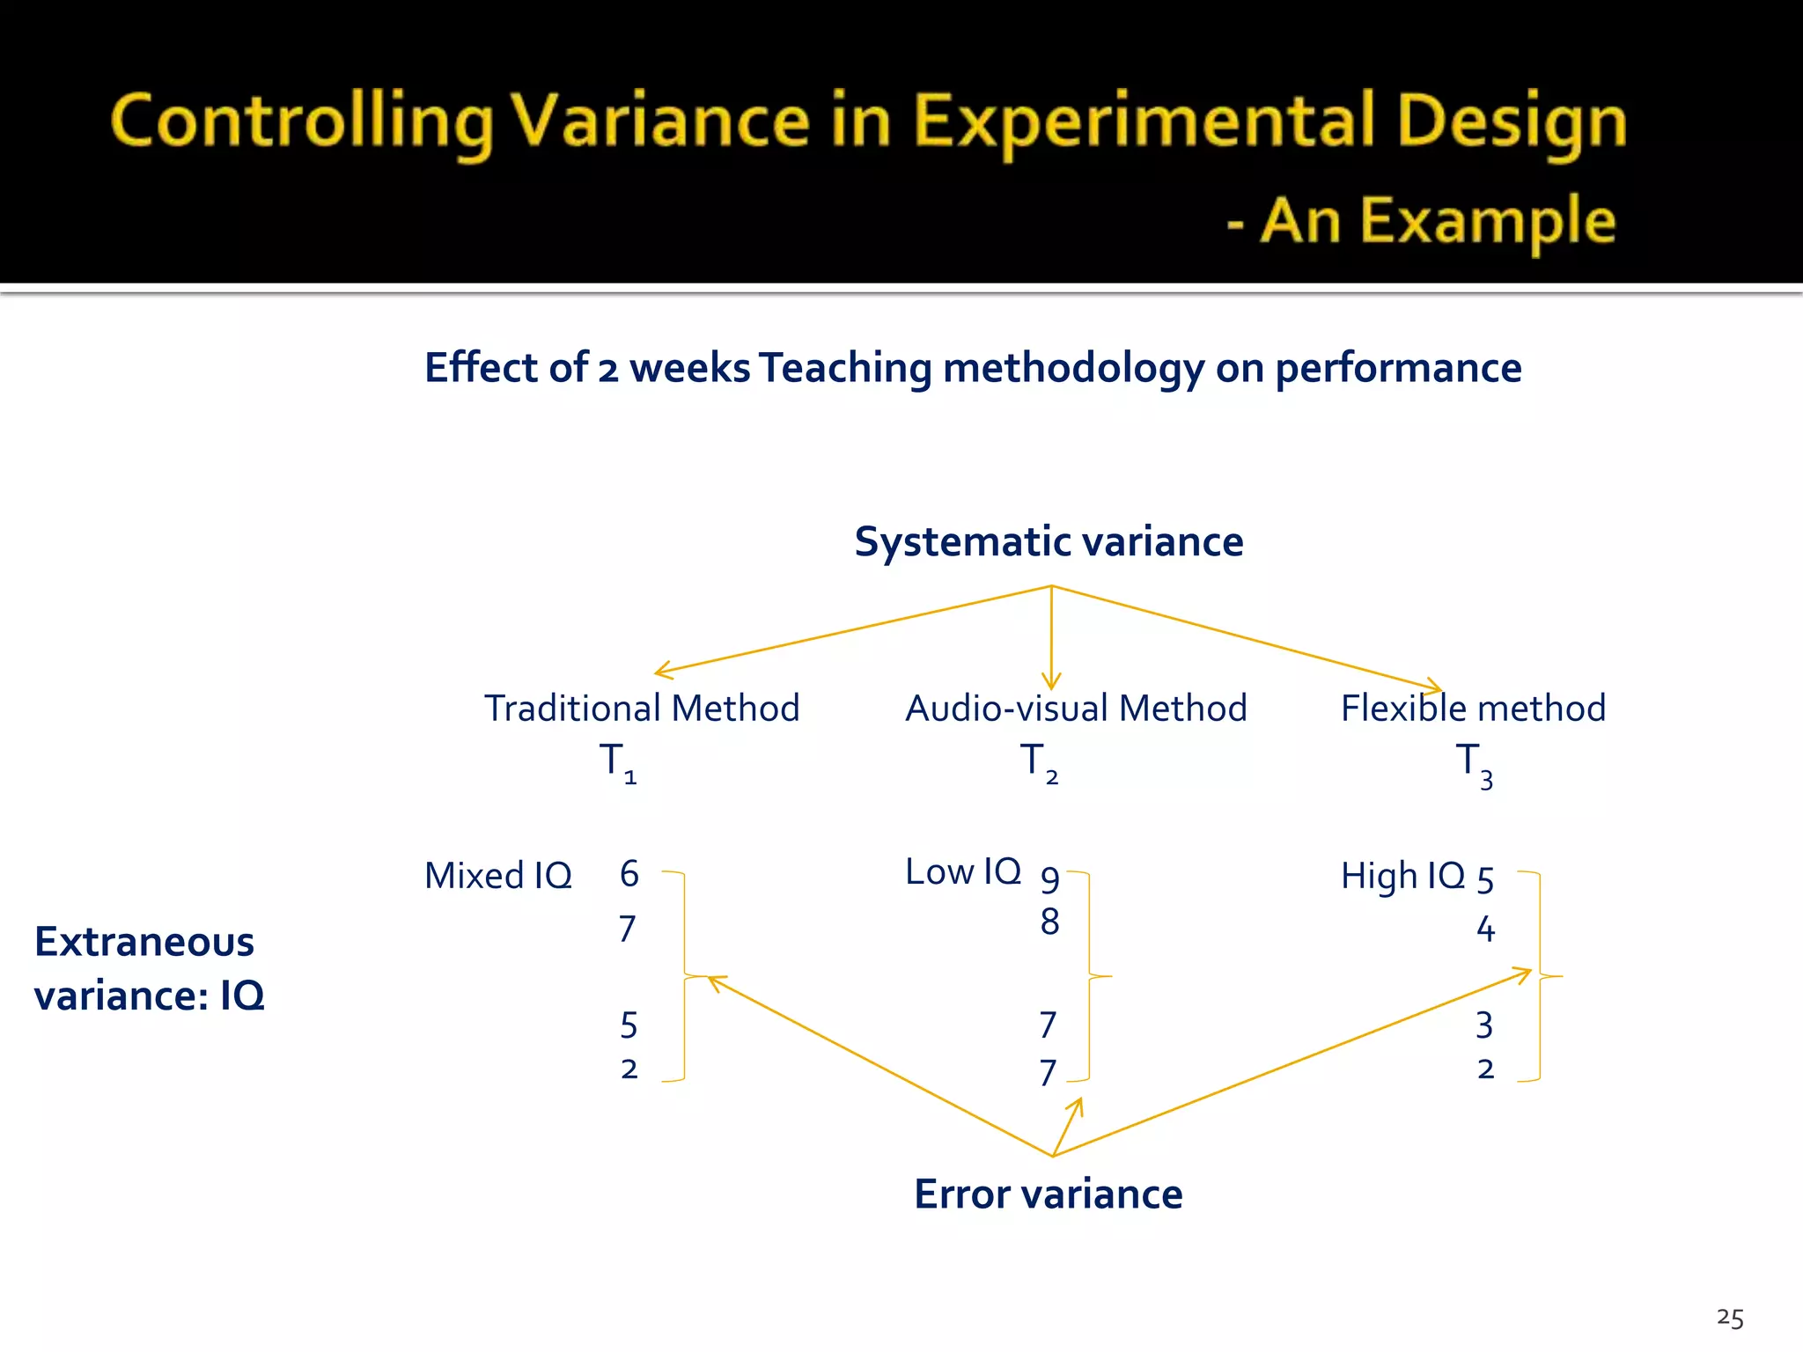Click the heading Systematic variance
point(1049,541)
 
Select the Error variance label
point(1048,1194)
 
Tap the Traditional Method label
point(642,709)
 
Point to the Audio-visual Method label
point(1076,709)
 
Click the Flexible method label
point(1473,709)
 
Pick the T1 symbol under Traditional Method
point(617,762)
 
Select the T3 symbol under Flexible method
point(1474,764)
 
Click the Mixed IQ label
point(498,876)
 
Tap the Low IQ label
point(963,872)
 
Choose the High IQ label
point(1402,876)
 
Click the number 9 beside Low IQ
point(1049,878)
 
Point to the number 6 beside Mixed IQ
point(629,874)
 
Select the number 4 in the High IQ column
point(1485,929)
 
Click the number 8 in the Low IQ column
point(1049,922)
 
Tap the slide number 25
point(1730,1319)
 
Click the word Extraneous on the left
point(144,943)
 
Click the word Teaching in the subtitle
point(844,368)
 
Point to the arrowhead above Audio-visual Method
point(1051,681)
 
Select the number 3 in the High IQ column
point(1484,1025)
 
